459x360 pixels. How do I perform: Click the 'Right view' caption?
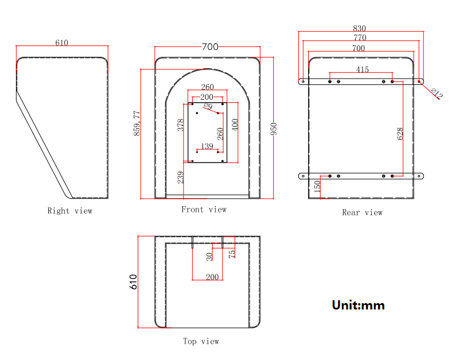pos(69,211)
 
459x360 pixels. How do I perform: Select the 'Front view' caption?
pos(204,210)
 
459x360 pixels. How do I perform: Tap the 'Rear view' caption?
pos(362,212)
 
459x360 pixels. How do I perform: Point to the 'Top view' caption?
pos(201,341)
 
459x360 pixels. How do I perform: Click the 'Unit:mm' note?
pos(358,305)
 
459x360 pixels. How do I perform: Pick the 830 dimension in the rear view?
pos(360,28)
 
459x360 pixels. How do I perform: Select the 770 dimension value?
pos(360,38)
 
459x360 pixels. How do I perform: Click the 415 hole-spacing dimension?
pos(362,69)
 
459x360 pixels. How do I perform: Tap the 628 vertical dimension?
pos(400,133)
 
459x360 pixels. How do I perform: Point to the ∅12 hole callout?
pos(437,94)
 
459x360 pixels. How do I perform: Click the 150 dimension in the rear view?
pos(317,186)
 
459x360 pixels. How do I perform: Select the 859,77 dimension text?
pos(137,123)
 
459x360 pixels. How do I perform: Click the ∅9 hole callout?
pos(208,107)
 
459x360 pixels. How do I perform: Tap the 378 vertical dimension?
pos(180,126)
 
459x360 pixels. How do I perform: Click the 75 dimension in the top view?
pos(232,253)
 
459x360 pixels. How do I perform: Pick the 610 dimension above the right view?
pos(61,43)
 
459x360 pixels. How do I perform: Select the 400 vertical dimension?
pos(235,125)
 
